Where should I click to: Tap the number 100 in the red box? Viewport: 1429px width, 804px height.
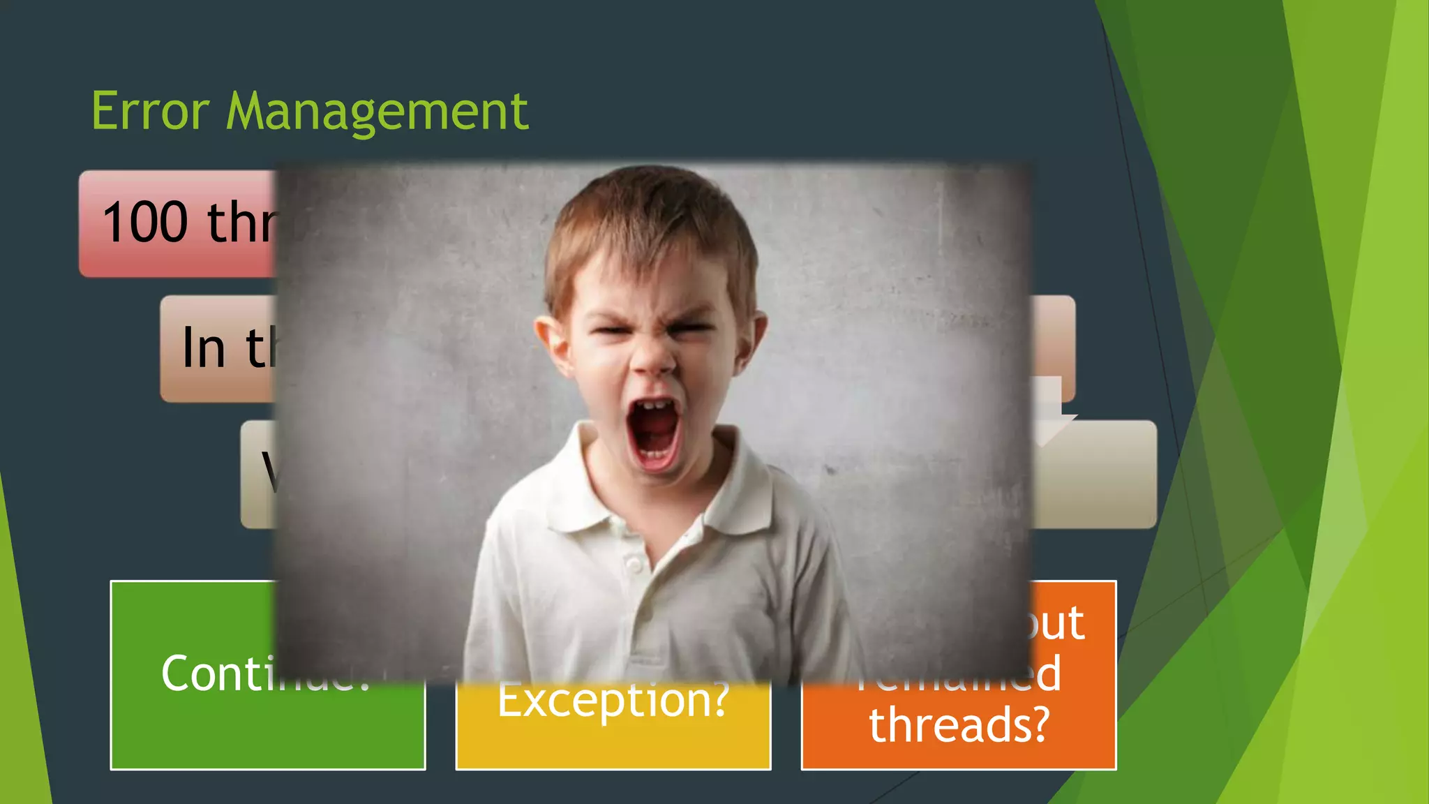click(x=146, y=223)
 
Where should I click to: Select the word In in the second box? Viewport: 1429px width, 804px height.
click(x=203, y=348)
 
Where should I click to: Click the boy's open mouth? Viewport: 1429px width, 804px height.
click(x=654, y=432)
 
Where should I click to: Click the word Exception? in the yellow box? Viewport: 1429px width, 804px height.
click(x=613, y=700)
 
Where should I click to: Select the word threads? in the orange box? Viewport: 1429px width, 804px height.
click(x=959, y=724)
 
